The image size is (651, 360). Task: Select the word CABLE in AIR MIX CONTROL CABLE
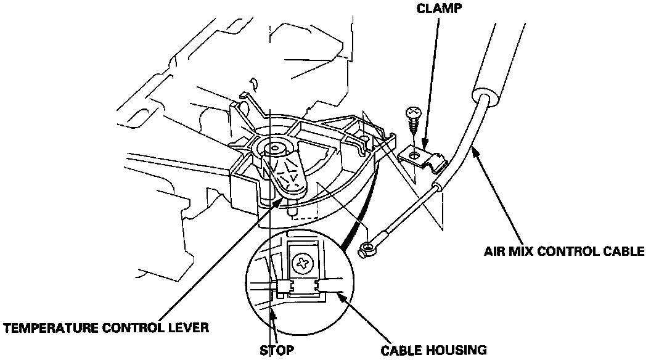pyautogui.click(x=624, y=251)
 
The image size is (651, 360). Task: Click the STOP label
pyautogui.click(x=277, y=350)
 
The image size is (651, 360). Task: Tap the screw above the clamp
pyautogui.click(x=413, y=117)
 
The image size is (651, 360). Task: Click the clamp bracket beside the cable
pyautogui.click(x=426, y=157)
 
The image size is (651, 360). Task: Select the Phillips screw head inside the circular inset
pyautogui.click(x=303, y=263)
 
